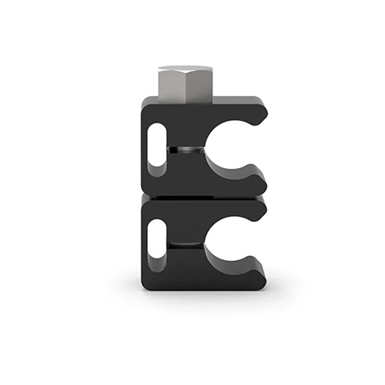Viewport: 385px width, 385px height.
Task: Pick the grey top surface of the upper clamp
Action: [236, 100]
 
